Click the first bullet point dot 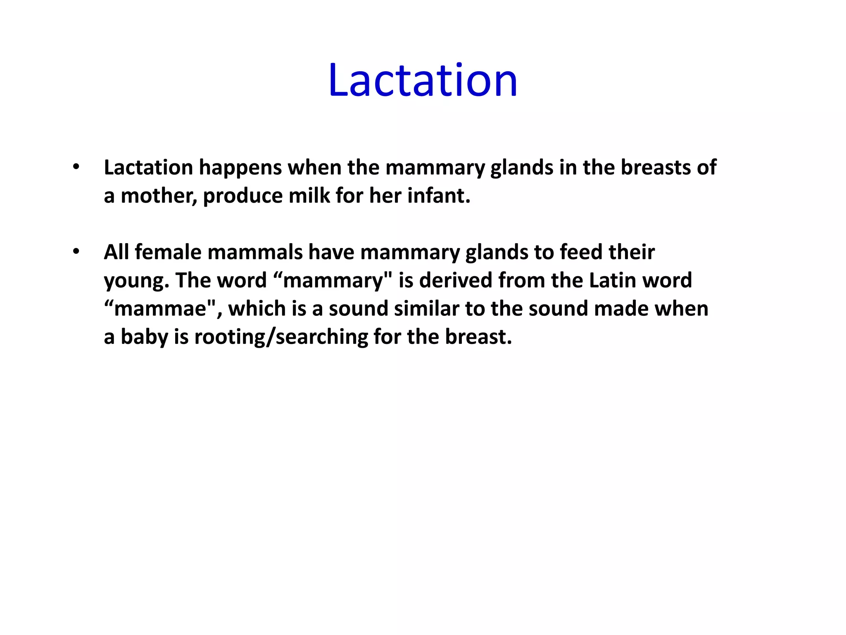76,167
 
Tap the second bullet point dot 76,252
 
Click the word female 168,252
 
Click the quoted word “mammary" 333,280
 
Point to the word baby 144,337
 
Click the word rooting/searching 281,337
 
